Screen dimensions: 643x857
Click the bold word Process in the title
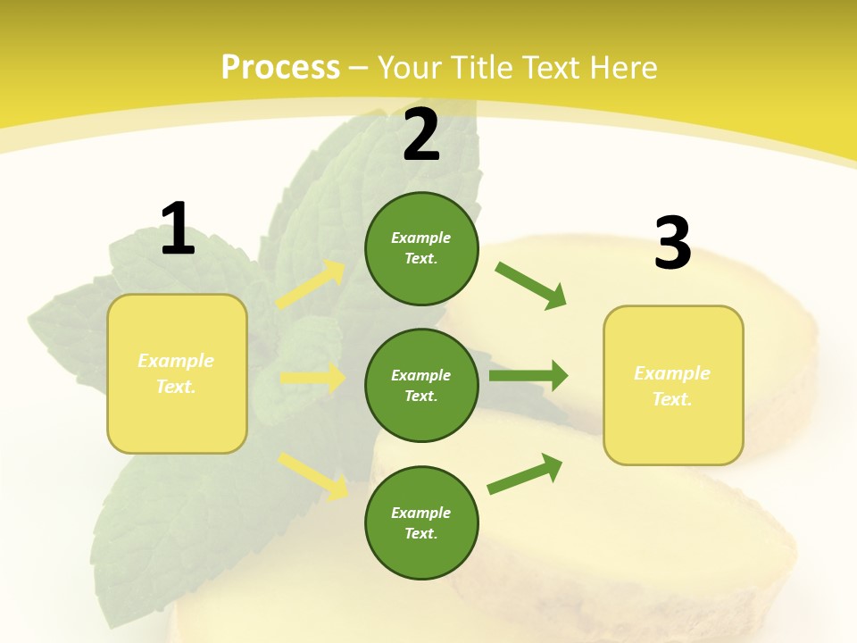point(280,67)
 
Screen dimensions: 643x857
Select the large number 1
point(178,229)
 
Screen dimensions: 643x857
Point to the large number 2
point(421,135)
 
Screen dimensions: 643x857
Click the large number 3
point(672,244)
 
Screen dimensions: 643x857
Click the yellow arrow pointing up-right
point(311,285)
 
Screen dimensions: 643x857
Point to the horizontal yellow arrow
point(312,378)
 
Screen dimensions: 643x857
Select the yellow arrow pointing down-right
point(312,475)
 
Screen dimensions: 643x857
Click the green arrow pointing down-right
point(530,286)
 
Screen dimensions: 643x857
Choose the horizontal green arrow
point(528,375)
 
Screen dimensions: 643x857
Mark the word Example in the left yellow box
point(176,361)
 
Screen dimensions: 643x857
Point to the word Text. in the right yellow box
point(672,399)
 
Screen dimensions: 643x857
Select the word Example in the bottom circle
point(421,513)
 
